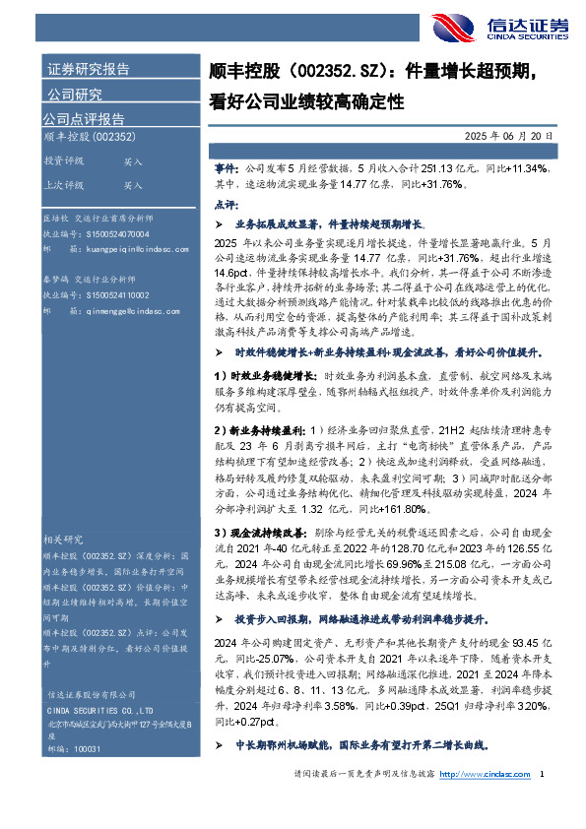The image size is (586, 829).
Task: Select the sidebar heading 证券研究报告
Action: pyautogui.click(x=89, y=69)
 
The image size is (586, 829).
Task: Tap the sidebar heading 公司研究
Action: pyautogui.click(x=75, y=96)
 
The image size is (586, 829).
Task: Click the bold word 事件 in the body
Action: pyautogui.click(x=225, y=168)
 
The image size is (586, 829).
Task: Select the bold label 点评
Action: pyautogui.click(x=225, y=203)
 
